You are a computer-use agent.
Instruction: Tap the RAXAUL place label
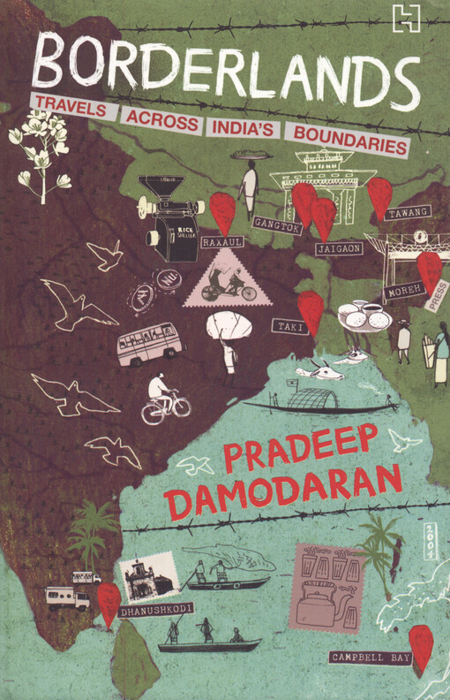pyautogui.click(x=221, y=240)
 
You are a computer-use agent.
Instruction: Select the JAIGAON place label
pyautogui.click(x=338, y=249)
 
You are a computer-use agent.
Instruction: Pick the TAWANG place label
pyautogui.click(x=409, y=212)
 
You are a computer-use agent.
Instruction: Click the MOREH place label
pyautogui.click(x=403, y=291)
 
